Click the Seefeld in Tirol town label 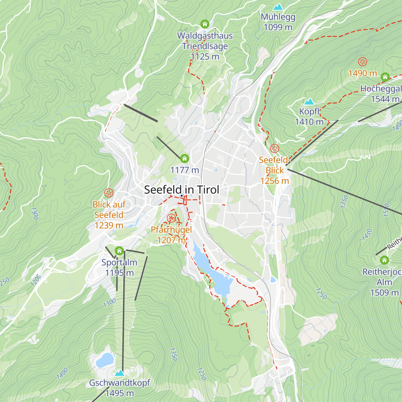[x=182, y=190]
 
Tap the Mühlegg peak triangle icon [x=278, y=7]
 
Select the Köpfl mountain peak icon [x=309, y=102]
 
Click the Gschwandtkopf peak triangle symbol [x=119, y=373]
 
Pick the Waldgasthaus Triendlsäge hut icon [x=205, y=24]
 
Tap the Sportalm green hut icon [x=119, y=251]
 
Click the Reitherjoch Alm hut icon [x=384, y=260]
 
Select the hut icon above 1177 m [x=184, y=158]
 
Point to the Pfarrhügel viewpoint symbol [x=171, y=219]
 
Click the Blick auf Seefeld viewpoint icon [x=109, y=193]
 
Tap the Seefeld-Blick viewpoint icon [x=274, y=148]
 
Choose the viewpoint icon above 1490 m [x=362, y=62]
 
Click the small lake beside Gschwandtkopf [x=105, y=360]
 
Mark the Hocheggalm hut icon [x=385, y=77]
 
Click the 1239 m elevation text [x=109, y=225]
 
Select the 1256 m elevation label [x=274, y=181]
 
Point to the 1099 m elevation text [x=278, y=27]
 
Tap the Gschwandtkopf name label [x=119, y=383]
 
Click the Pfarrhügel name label [x=171, y=230]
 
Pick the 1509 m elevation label [x=384, y=292]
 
